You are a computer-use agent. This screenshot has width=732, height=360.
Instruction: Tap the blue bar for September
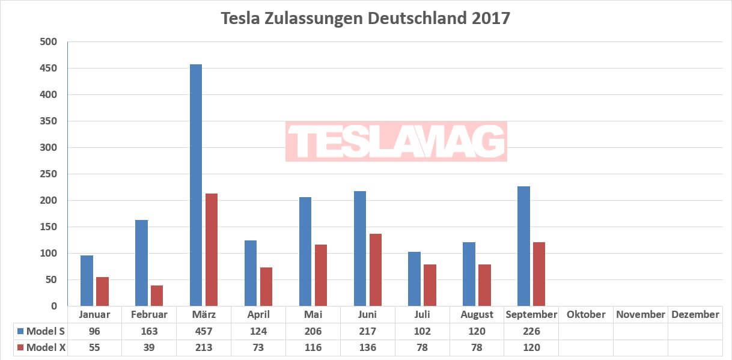tap(523, 246)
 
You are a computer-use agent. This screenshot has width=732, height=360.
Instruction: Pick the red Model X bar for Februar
tap(156, 295)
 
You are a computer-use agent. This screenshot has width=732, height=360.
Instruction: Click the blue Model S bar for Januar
tap(87, 281)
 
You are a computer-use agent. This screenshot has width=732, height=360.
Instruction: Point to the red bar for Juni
tap(375, 270)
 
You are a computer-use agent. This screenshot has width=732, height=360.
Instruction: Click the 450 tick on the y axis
tap(49, 69)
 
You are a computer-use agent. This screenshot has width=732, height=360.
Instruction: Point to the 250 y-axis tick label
tap(49, 174)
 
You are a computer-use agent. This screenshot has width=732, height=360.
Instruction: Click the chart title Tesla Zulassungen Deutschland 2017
tap(365, 18)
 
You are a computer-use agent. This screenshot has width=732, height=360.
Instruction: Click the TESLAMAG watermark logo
tap(396, 142)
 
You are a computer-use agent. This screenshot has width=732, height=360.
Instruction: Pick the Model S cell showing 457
tap(203, 331)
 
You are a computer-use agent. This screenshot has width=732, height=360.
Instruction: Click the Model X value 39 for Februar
tap(148, 347)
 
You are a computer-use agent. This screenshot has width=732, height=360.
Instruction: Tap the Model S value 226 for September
tap(531, 331)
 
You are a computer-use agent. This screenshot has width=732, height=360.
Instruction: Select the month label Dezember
tap(695, 314)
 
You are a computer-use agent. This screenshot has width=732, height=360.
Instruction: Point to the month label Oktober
tap(586, 314)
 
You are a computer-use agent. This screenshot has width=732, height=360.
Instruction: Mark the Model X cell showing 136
tap(367, 347)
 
